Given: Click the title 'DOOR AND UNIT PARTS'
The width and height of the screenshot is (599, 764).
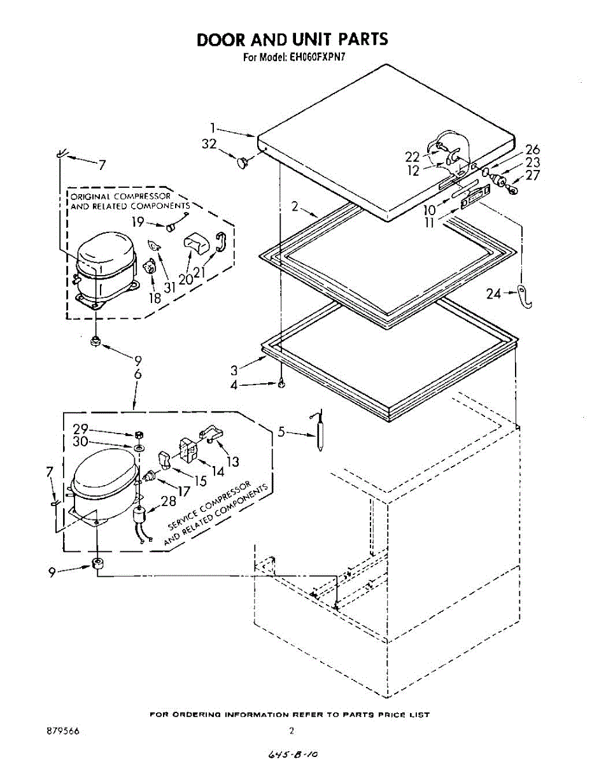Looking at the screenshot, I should click(x=292, y=39).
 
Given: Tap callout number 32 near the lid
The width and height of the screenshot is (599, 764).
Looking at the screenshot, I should click(x=209, y=145).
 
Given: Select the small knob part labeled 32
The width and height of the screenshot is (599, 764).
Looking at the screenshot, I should click(x=241, y=163).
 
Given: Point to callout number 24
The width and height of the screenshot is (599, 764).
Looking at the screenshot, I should click(x=494, y=294).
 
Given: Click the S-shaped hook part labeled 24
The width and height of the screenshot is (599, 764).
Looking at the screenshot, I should click(x=524, y=296).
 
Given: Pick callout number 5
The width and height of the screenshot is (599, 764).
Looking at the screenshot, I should click(x=281, y=432).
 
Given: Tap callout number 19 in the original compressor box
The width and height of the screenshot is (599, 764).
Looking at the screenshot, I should click(x=138, y=222).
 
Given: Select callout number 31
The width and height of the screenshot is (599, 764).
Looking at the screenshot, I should click(x=169, y=288).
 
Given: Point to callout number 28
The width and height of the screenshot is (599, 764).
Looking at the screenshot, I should click(x=169, y=501).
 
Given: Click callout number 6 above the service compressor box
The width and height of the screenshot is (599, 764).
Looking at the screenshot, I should click(x=138, y=375).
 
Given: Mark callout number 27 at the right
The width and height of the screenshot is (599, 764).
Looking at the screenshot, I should click(x=532, y=176).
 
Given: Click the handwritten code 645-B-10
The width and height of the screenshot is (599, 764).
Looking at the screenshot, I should click(x=293, y=754).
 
